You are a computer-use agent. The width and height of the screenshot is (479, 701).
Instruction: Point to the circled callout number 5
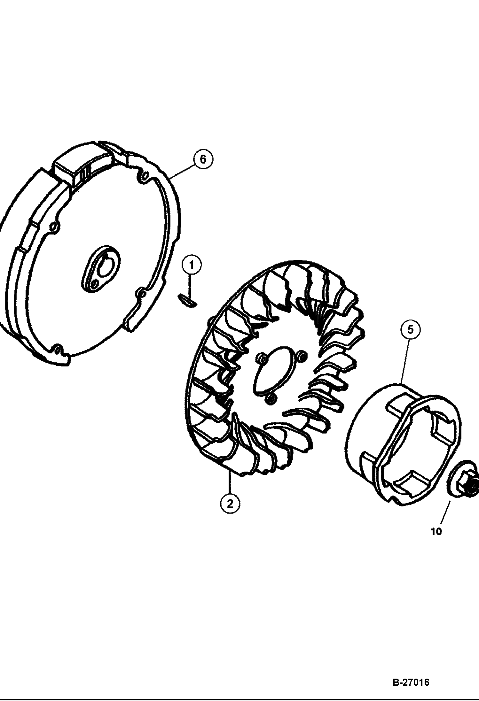point(411,329)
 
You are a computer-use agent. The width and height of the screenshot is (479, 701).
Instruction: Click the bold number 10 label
point(436,532)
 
